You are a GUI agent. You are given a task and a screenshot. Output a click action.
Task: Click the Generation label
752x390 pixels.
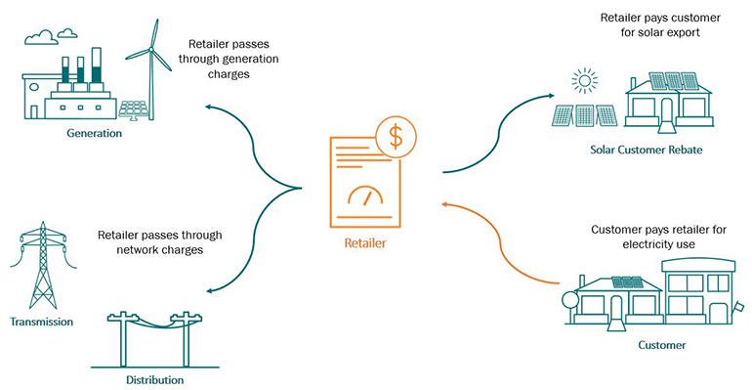(x=94, y=133)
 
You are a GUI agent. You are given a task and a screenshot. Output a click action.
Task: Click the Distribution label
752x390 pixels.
(x=154, y=379)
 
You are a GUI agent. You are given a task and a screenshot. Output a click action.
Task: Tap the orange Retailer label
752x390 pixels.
(x=365, y=242)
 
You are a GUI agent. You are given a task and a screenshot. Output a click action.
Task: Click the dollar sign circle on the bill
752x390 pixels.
(x=395, y=138)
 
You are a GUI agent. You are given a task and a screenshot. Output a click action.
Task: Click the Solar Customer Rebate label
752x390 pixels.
(x=646, y=150)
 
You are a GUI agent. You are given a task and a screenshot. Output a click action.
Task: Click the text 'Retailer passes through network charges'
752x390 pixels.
(x=160, y=242)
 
